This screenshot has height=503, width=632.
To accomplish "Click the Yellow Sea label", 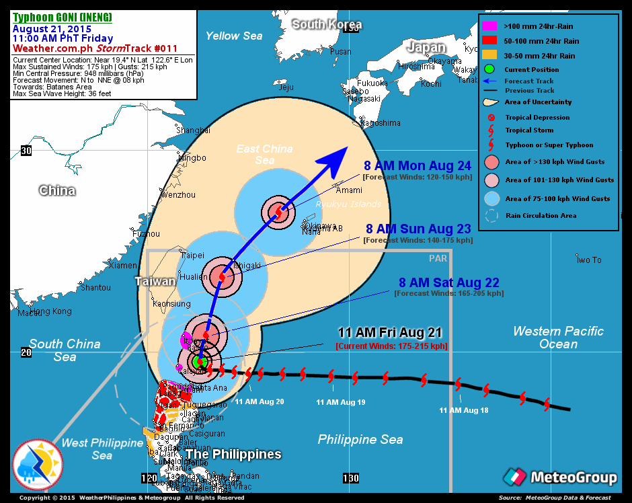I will pos(233,36).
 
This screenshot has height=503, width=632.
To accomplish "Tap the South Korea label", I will pos(327,25).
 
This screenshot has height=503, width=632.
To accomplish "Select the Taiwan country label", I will pos(155,282).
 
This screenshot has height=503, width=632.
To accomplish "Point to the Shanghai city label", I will pos(191,130).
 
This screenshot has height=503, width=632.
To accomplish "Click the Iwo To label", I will pos(589,260).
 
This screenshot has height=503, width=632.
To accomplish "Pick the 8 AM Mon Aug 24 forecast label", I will pos(418,166).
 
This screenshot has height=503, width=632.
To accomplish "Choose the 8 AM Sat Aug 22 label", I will pos(448,283).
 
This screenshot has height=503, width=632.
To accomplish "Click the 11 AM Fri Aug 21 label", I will pos(391,333).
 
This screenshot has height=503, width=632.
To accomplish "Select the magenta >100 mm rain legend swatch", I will pos(490,26).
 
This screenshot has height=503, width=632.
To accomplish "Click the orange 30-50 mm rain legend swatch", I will pos(490,55).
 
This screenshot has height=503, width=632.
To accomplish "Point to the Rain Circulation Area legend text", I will pos(541,216).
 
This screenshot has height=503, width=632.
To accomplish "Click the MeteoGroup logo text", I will pos(574,478).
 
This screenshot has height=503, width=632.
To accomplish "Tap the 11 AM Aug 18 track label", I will pos(464,410).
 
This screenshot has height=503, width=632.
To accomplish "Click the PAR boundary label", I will pos(438,258).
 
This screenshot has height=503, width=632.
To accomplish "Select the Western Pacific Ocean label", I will pos(558,338).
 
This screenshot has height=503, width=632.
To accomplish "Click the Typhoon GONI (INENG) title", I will pos(63,17).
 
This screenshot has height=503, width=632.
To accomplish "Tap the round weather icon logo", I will pos(38,465).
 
